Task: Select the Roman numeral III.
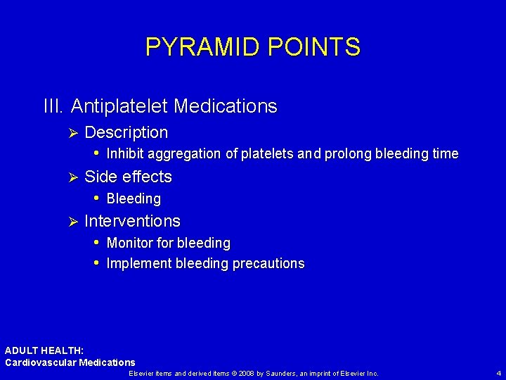coord(54,106)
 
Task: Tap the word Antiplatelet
coord(119,106)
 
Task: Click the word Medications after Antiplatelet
coord(225,106)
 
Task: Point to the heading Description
coord(126,132)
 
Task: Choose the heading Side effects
coord(128,177)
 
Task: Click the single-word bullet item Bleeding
coord(134,198)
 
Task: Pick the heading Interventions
coord(132,221)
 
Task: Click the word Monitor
coord(129,243)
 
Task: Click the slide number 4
coord(498,373)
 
